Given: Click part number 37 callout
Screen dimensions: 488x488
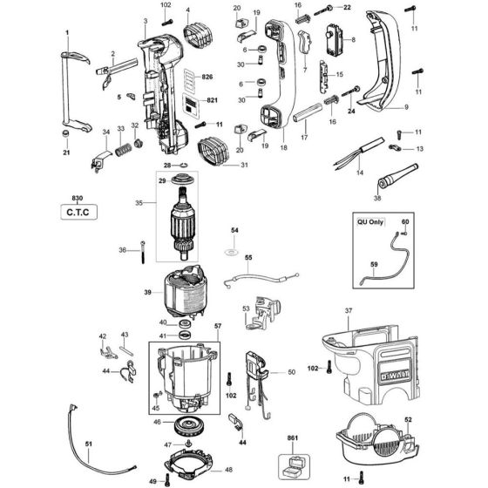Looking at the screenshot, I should tap(348, 311).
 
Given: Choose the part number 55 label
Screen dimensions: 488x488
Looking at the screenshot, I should tap(247, 259).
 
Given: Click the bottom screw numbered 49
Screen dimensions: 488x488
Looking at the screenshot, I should tap(166, 478).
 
